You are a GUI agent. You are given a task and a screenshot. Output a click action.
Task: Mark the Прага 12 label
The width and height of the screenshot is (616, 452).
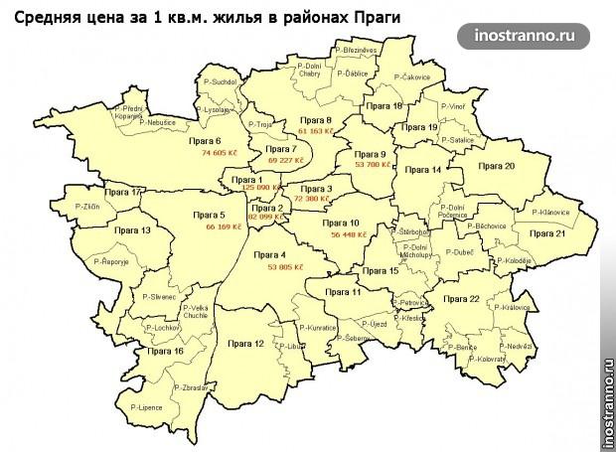coord(245,343)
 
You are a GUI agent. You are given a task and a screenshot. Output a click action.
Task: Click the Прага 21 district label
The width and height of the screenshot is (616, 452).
coord(546,232)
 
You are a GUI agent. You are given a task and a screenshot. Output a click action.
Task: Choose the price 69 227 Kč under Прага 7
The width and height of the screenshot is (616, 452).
coord(285,159)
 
